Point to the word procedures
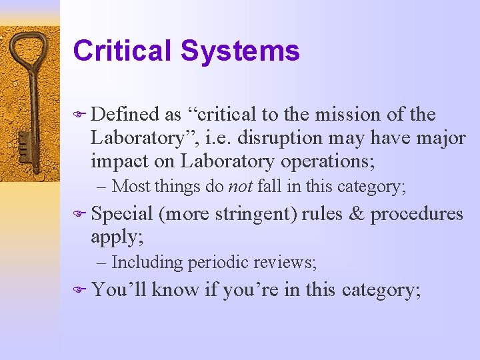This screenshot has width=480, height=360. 417,215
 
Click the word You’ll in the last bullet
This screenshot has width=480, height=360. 119,290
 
